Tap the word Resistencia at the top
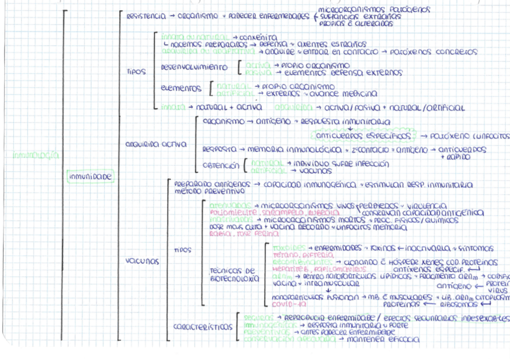click(x=146, y=16)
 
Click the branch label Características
click(x=203, y=327)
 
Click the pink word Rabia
click(x=219, y=234)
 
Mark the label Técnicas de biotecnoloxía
click(x=235, y=275)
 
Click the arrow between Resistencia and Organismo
click(x=173, y=16)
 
